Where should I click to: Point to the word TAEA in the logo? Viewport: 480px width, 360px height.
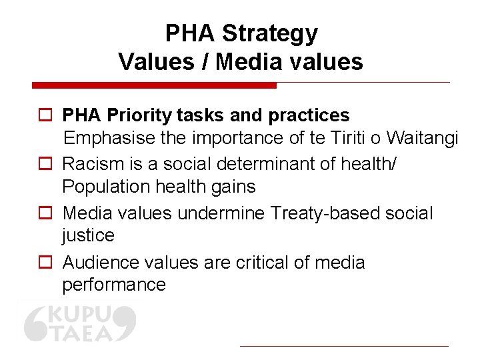81,331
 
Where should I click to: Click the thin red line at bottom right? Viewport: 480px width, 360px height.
344,346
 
